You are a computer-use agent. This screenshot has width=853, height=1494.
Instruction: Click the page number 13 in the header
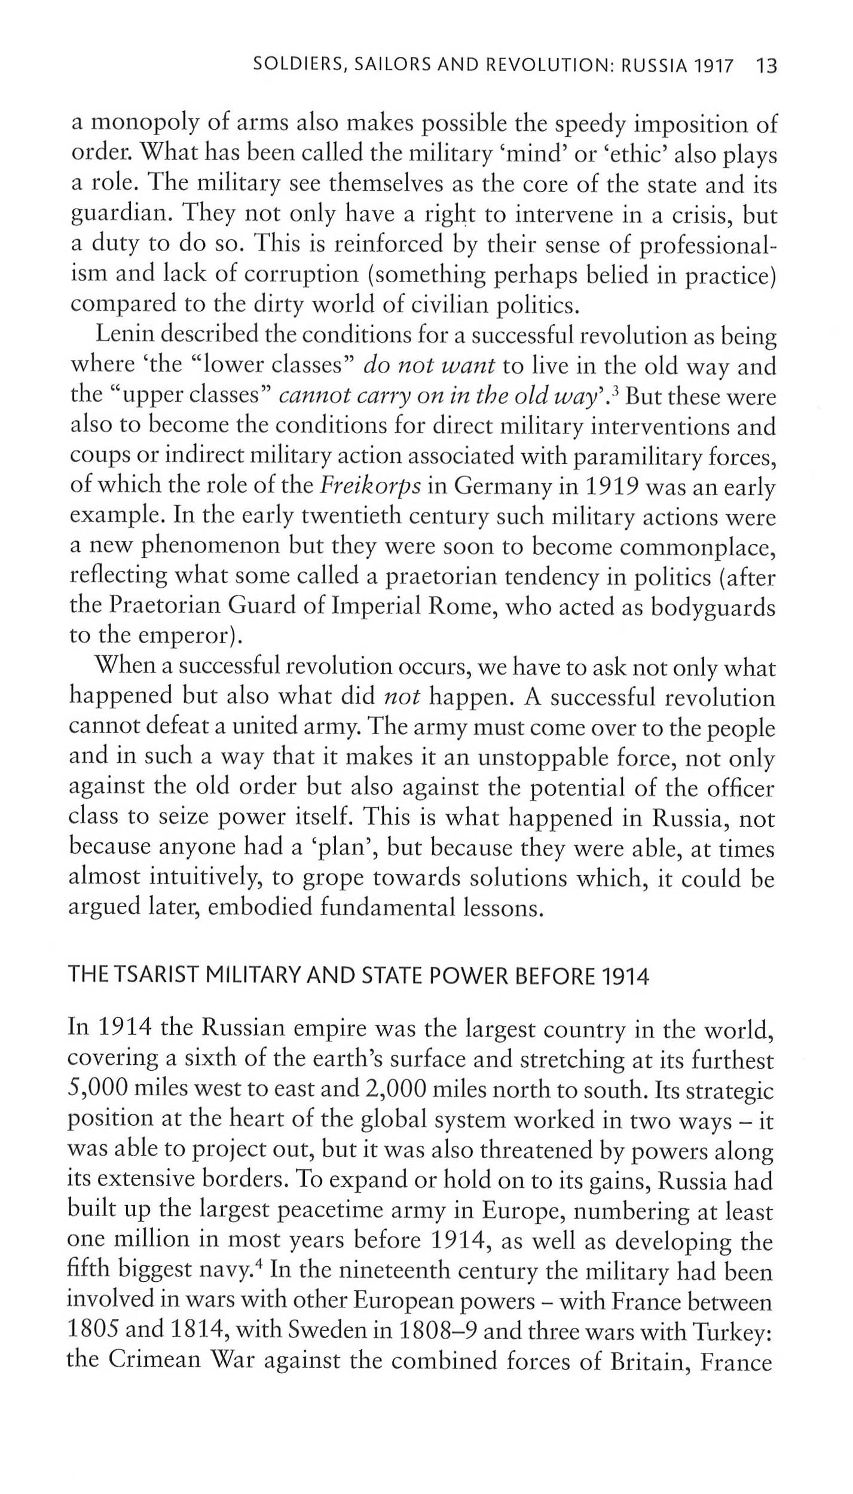[766, 65]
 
